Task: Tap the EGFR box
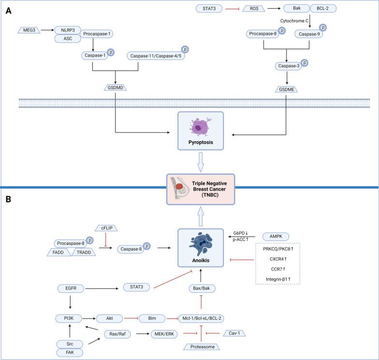(x=71, y=289)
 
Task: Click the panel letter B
(x=8, y=199)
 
